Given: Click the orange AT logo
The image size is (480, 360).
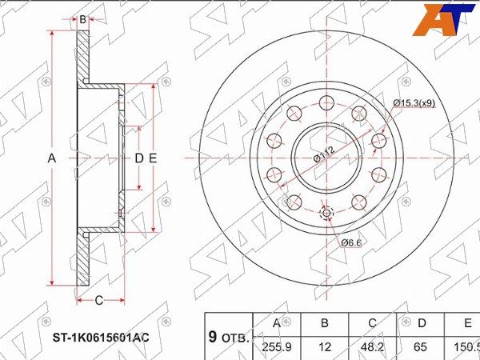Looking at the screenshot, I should (437, 20).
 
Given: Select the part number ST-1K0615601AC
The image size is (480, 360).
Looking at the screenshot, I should (96, 337).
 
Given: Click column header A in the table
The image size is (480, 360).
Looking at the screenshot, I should (277, 324).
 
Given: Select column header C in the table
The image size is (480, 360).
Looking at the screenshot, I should (372, 324).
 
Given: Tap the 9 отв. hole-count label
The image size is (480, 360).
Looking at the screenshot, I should (229, 336).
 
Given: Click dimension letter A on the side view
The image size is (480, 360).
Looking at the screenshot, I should (52, 158).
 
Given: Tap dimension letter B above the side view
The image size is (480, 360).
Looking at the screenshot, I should (82, 18).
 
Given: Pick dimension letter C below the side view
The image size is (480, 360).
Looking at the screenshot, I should (99, 301).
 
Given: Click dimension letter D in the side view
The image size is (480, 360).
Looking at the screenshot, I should (138, 158).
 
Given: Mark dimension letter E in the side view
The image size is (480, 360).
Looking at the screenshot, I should (152, 158).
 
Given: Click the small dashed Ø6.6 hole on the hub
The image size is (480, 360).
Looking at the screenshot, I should (326, 213).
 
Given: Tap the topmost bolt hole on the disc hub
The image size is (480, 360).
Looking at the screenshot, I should (326, 102).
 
